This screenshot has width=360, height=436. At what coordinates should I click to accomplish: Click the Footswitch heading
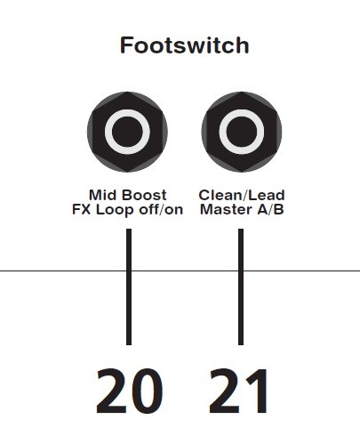[184, 45]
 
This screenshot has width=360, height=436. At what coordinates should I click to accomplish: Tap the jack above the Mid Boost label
[127, 132]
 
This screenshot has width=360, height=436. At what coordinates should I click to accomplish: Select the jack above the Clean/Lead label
[242, 132]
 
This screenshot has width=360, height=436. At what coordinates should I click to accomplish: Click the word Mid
[103, 195]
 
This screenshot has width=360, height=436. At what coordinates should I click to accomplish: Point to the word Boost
[144, 195]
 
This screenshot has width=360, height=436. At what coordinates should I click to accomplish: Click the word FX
[82, 209]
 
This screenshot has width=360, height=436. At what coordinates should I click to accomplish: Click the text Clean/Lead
[242, 195]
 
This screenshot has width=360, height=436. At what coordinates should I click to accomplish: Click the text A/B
[271, 209]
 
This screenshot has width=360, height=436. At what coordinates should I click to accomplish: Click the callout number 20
[130, 391]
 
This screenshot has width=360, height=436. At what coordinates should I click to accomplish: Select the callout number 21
[238, 391]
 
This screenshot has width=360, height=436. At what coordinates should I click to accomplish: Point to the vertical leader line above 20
[129, 287]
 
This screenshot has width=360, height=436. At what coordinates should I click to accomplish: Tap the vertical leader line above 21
[241, 287]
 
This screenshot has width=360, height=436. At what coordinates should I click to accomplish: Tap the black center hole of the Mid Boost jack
[127, 132]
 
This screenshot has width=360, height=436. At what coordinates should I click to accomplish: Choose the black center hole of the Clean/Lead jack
[242, 132]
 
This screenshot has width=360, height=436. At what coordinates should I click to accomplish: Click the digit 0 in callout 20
[147, 391]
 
